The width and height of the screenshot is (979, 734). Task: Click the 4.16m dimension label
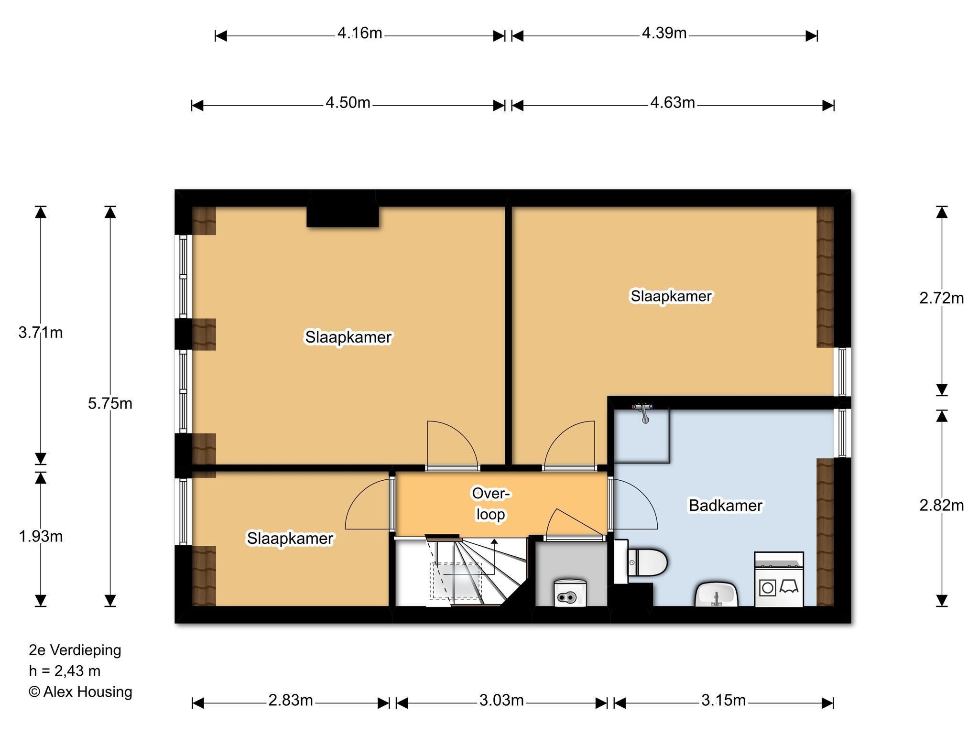(x=359, y=33)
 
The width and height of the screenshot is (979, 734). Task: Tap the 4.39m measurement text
(x=664, y=33)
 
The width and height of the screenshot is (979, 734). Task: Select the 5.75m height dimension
(x=110, y=404)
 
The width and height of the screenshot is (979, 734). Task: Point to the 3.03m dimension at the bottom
(x=501, y=701)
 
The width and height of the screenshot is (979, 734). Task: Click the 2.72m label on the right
(x=942, y=298)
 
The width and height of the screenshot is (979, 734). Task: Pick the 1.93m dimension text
(x=41, y=537)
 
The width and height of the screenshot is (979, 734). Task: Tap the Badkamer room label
(x=725, y=506)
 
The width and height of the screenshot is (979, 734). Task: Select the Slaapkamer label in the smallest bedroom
(x=290, y=539)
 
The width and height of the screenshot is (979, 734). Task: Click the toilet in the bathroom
(x=647, y=562)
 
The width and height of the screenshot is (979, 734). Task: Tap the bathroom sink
(x=716, y=594)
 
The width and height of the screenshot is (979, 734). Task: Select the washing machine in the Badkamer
(x=779, y=579)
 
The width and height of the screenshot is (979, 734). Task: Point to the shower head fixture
(x=644, y=412)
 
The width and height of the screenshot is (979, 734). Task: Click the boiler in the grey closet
(x=570, y=593)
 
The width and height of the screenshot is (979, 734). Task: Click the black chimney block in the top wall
(x=343, y=209)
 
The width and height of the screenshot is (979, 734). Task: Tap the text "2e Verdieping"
(x=75, y=650)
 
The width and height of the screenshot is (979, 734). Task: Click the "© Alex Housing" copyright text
(x=80, y=692)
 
